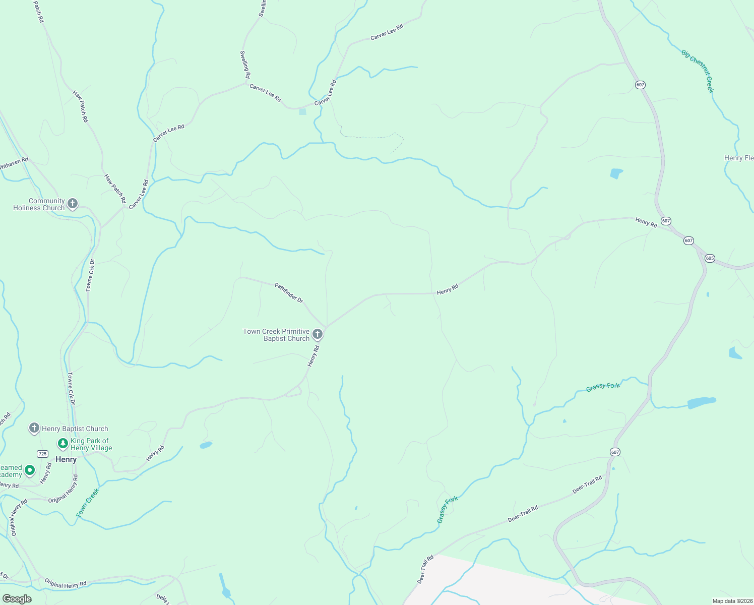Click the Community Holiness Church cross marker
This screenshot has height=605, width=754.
point(73,204)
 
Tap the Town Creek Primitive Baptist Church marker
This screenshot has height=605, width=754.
point(318,334)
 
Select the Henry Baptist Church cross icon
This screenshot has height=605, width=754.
point(34,429)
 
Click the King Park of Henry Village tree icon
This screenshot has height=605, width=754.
point(62,444)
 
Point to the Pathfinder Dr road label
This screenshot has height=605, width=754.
point(289,292)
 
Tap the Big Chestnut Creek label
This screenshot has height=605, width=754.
point(698,71)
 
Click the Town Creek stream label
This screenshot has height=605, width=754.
point(88,503)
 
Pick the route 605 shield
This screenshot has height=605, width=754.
point(710,258)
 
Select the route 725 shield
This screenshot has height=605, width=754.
point(43,454)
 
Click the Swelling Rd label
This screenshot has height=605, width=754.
point(245,65)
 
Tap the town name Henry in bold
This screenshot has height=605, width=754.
point(66,459)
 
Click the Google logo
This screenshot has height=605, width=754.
point(17,599)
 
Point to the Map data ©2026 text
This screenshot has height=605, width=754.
point(731,601)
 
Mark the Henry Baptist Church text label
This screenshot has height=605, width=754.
point(75,429)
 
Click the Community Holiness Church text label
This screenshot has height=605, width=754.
point(40,204)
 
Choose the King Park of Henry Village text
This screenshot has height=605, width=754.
point(91,444)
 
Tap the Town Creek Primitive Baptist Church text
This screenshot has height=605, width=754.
point(276,335)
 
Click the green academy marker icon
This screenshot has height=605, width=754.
point(30,470)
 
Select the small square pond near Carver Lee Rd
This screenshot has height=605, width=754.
point(302,111)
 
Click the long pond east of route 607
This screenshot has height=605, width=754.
point(701,402)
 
